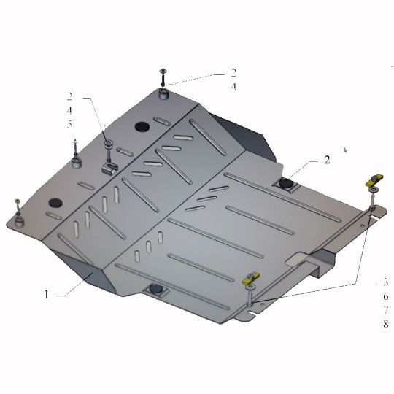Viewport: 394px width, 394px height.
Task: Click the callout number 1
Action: (46, 294)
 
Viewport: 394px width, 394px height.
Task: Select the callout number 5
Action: (69, 124)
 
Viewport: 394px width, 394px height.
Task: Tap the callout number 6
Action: (386, 296)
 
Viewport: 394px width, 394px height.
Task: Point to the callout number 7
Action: (386, 310)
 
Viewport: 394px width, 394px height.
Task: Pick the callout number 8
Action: (386, 324)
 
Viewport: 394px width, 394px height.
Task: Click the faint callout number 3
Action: (386, 282)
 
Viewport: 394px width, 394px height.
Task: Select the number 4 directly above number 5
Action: (69, 110)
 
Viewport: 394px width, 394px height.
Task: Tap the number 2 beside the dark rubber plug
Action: (327, 160)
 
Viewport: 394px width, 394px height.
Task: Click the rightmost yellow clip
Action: (374, 180)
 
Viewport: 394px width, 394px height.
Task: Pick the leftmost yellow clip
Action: (250, 278)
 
